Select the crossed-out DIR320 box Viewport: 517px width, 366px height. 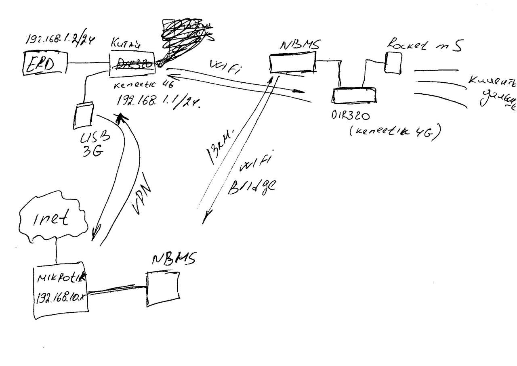tap(132, 64)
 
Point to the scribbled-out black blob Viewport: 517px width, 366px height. tap(182, 40)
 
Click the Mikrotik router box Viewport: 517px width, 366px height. tap(61, 291)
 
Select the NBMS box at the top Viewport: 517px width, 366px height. tap(292, 64)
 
